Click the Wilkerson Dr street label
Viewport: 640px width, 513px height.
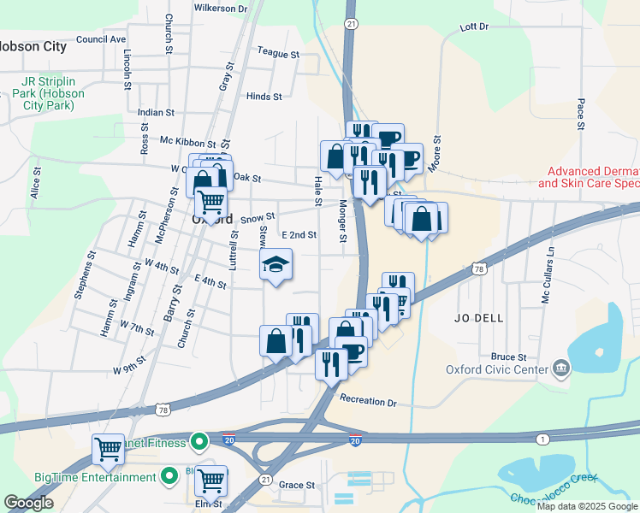click(x=220, y=8)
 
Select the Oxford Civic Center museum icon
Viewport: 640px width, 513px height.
click(x=561, y=369)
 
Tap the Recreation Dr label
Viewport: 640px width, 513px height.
click(x=369, y=401)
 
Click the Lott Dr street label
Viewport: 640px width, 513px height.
click(x=473, y=27)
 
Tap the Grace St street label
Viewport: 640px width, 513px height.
click(x=297, y=485)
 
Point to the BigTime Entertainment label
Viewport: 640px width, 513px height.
click(x=83, y=477)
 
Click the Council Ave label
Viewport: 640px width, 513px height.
click(x=101, y=39)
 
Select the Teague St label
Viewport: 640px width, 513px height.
click(x=278, y=54)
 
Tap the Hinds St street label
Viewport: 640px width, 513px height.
click(x=264, y=97)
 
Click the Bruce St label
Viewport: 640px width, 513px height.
click(x=508, y=357)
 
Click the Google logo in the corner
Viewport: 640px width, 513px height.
click(x=28, y=504)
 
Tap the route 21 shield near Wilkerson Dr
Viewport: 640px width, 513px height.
click(x=352, y=25)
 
